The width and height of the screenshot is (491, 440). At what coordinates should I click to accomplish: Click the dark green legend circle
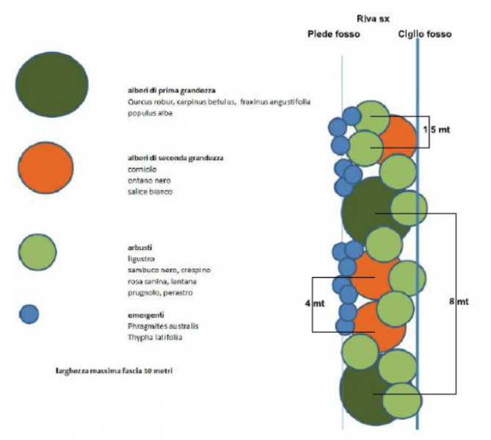click(x=51, y=82)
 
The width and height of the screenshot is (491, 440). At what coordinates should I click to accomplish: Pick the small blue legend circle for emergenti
click(x=29, y=314)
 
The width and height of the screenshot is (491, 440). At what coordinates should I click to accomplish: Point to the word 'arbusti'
click(x=140, y=247)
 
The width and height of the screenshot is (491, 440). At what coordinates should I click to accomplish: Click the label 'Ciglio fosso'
click(x=425, y=34)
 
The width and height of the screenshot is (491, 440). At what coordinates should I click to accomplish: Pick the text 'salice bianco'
click(x=150, y=192)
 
